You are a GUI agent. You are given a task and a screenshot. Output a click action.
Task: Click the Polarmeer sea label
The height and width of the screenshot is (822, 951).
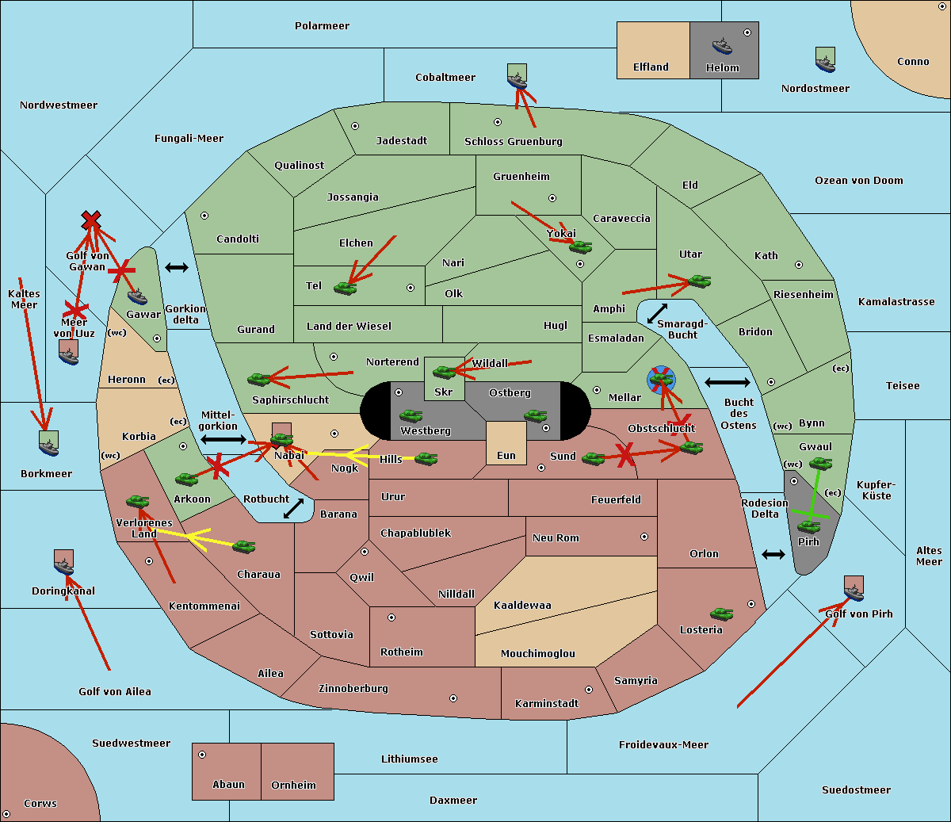(x=322, y=26)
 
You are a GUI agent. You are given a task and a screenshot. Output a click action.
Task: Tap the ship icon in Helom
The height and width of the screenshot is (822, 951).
(x=721, y=45)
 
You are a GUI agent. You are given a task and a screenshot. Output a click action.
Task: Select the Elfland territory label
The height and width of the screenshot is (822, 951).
(x=651, y=67)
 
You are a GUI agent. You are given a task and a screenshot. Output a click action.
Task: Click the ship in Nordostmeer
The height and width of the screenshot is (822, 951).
(x=825, y=59)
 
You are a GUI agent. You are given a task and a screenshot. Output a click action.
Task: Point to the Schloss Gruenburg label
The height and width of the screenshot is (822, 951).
(x=513, y=142)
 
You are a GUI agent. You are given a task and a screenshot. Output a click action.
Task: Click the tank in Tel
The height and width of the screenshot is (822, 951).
(x=346, y=288)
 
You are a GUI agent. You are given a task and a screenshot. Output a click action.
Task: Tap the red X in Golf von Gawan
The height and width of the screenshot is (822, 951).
(x=91, y=220)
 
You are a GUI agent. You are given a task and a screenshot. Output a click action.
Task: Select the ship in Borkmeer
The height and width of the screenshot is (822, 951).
(x=49, y=443)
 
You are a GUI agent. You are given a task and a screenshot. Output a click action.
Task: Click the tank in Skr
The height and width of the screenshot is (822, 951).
(x=444, y=371)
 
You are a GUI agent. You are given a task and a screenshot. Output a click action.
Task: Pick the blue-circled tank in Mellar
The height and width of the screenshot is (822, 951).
(x=661, y=379)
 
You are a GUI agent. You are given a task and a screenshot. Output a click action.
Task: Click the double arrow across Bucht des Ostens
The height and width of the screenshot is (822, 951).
(x=727, y=383)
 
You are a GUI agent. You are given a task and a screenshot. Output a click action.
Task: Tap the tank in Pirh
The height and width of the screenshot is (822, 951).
(x=808, y=526)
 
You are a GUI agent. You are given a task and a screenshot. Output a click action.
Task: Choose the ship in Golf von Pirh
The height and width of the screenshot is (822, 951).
(x=854, y=588)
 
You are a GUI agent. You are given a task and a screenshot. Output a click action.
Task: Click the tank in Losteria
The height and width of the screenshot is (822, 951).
(x=721, y=614)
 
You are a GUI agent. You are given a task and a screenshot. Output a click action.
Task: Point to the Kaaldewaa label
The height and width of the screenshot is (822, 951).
(x=522, y=606)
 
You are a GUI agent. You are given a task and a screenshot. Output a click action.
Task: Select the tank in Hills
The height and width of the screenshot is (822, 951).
(x=426, y=458)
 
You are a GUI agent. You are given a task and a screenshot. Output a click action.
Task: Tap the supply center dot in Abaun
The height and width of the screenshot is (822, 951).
(x=202, y=755)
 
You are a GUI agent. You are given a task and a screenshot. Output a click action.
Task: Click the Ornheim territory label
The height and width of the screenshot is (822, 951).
(x=293, y=786)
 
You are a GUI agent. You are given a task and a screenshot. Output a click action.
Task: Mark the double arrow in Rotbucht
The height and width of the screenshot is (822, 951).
(x=293, y=509)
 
